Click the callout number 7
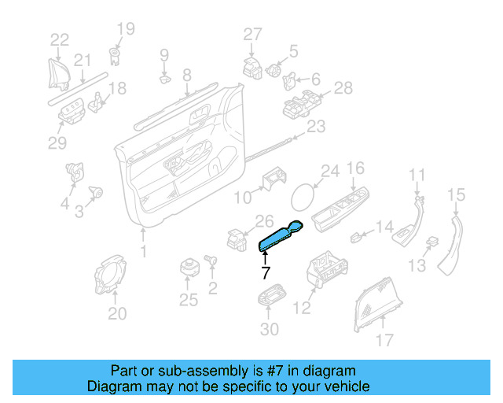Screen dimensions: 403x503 (x=265, y=273)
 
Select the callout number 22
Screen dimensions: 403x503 (x=60, y=39)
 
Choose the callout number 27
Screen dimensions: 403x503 (x=251, y=34)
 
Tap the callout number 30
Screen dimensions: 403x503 (x=269, y=330)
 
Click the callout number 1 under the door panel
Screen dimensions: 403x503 (x=143, y=252)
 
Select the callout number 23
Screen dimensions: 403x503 (x=315, y=126)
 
